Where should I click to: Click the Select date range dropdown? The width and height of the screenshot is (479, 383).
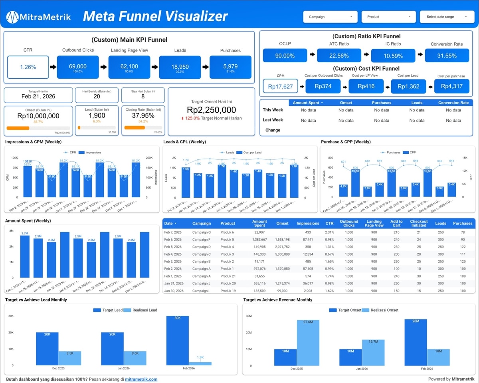click(446, 17)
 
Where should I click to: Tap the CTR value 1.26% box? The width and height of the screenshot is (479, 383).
click(28, 67)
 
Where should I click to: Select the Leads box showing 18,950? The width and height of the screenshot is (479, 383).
click(180, 67)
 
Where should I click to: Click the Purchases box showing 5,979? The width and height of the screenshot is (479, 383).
click(230, 67)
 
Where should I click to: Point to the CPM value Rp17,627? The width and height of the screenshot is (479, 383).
click(280, 86)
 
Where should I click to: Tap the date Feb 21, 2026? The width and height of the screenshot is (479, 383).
click(38, 96)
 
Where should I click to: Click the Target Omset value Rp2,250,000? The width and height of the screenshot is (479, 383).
click(211, 110)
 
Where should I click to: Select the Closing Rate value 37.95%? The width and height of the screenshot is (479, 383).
click(143, 116)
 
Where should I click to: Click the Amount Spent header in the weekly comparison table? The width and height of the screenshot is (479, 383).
click(306, 103)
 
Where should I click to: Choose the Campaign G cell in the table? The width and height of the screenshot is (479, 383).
click(202, 232)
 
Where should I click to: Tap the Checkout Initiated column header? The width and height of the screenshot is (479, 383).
click(419, 223)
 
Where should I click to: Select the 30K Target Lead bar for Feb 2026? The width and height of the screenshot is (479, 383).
click(178, 340)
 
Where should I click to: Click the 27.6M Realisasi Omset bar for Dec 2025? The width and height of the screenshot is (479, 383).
click(308, 342)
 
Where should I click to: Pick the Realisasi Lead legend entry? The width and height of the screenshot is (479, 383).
click(141, 310)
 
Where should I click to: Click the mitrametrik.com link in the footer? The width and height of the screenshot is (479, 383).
click(141, 379)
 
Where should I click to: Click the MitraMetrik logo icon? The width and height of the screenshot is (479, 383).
click(13, 17)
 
